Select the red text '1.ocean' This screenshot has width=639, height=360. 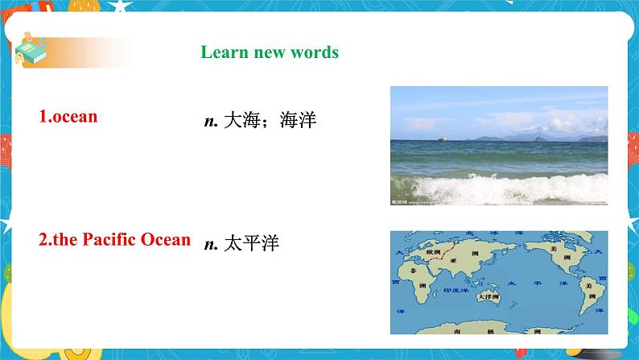(68, 116)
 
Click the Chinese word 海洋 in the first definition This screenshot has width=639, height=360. (299, 122)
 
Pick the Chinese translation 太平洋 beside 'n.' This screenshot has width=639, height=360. (253, 243)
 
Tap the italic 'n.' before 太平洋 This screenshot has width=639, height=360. (212, 244)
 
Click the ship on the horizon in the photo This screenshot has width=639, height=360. (441, 138)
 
